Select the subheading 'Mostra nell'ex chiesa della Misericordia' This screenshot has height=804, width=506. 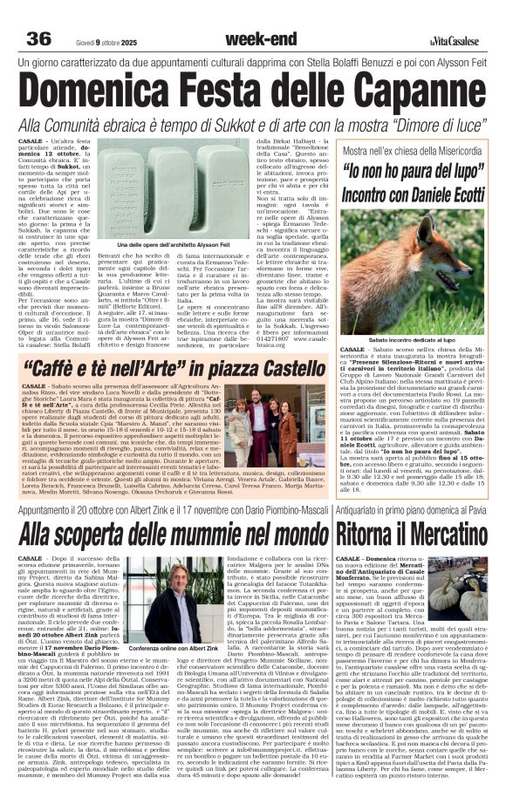[413, 150]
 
